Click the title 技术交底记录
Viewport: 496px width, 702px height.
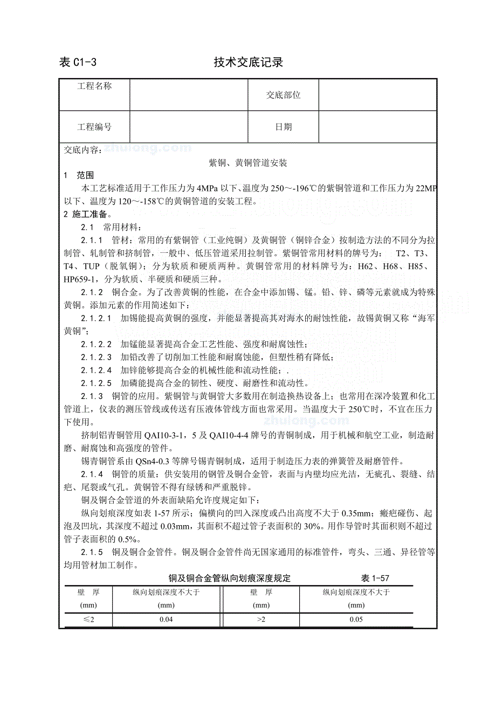248,63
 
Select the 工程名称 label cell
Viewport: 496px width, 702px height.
94,86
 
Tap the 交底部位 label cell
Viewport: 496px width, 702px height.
283,95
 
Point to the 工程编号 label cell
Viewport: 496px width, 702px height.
94,127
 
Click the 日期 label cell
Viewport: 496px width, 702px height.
283,127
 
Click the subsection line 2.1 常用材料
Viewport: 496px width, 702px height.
105,227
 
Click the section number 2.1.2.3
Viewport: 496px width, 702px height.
97,357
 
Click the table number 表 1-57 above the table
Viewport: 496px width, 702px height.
375,579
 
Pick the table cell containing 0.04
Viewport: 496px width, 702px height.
166,620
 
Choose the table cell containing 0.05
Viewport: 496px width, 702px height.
356,620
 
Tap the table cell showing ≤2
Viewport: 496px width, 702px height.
88,620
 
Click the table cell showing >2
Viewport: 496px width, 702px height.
261,620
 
